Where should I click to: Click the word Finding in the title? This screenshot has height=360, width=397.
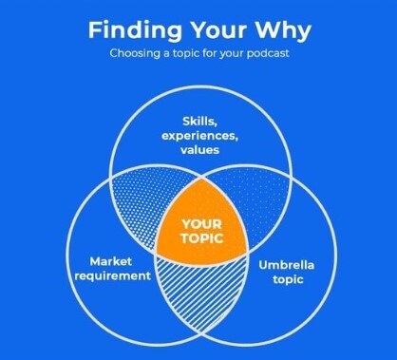pos(135,31)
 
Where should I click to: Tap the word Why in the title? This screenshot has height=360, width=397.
pos(283,31)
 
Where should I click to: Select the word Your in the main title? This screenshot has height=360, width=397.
pos(219,30)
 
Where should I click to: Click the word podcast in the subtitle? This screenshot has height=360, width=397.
pos(268,53)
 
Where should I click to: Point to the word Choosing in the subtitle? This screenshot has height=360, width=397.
pos(135,53)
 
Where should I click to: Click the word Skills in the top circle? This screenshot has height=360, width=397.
pos(199,122)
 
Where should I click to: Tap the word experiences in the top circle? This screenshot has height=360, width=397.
pos(199,136)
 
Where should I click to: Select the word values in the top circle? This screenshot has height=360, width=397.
pos(199,150)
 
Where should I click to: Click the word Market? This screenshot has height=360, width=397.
pos(111,261)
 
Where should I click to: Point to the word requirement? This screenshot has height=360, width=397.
pos(113,275)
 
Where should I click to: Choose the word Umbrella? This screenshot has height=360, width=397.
pos(286,265)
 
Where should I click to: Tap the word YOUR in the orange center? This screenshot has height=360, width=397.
pos(201,224)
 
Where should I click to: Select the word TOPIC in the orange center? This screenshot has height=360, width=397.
pos(201,238)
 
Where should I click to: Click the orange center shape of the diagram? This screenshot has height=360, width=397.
pos(201,226)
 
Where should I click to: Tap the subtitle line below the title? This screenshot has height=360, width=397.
pos(199,53)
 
